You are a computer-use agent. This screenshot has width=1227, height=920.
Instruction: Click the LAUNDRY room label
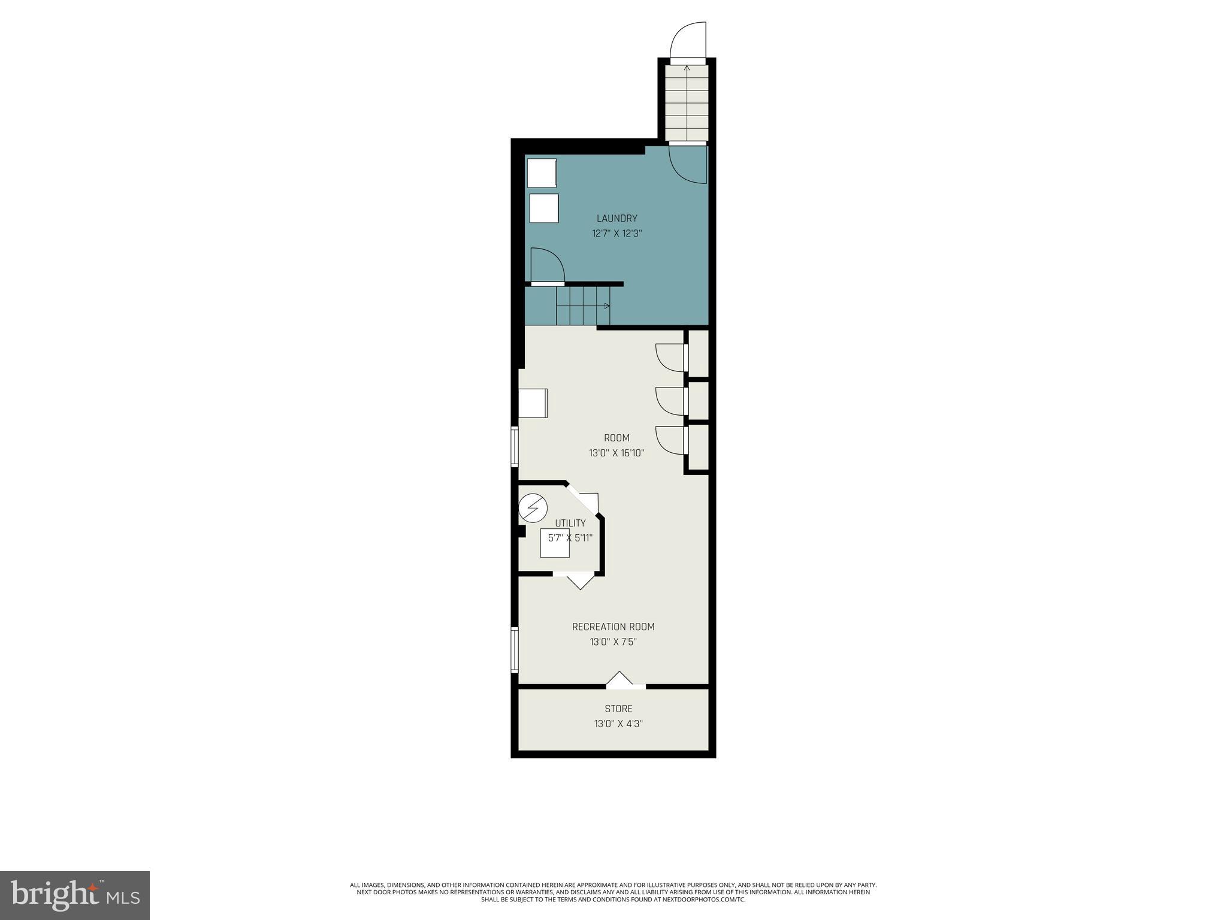616,219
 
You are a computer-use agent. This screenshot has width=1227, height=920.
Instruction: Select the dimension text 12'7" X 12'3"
616,234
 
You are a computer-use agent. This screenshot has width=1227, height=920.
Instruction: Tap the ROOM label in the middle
616,438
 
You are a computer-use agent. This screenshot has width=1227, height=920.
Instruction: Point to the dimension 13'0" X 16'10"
616,453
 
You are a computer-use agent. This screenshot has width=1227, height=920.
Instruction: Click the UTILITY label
570,523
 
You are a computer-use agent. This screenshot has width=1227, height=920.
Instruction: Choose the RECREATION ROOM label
613,627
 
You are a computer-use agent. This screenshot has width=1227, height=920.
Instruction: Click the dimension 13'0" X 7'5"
613,642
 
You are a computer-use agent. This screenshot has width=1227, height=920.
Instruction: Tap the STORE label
618,709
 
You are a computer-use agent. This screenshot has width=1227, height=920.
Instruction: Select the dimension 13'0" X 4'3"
618,724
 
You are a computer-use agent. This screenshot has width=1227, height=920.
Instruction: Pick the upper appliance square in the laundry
542,173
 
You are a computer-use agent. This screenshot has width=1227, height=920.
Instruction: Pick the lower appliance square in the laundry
543,208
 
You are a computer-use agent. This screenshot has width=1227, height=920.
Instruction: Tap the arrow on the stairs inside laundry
606,306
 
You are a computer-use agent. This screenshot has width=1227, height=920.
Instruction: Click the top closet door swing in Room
670,358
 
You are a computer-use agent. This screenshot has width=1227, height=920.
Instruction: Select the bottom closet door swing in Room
670,440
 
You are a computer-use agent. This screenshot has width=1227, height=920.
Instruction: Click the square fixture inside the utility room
555,543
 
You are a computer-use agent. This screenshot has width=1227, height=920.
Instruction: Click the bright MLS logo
75,894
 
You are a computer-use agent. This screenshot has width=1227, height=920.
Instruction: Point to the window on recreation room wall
514,649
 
